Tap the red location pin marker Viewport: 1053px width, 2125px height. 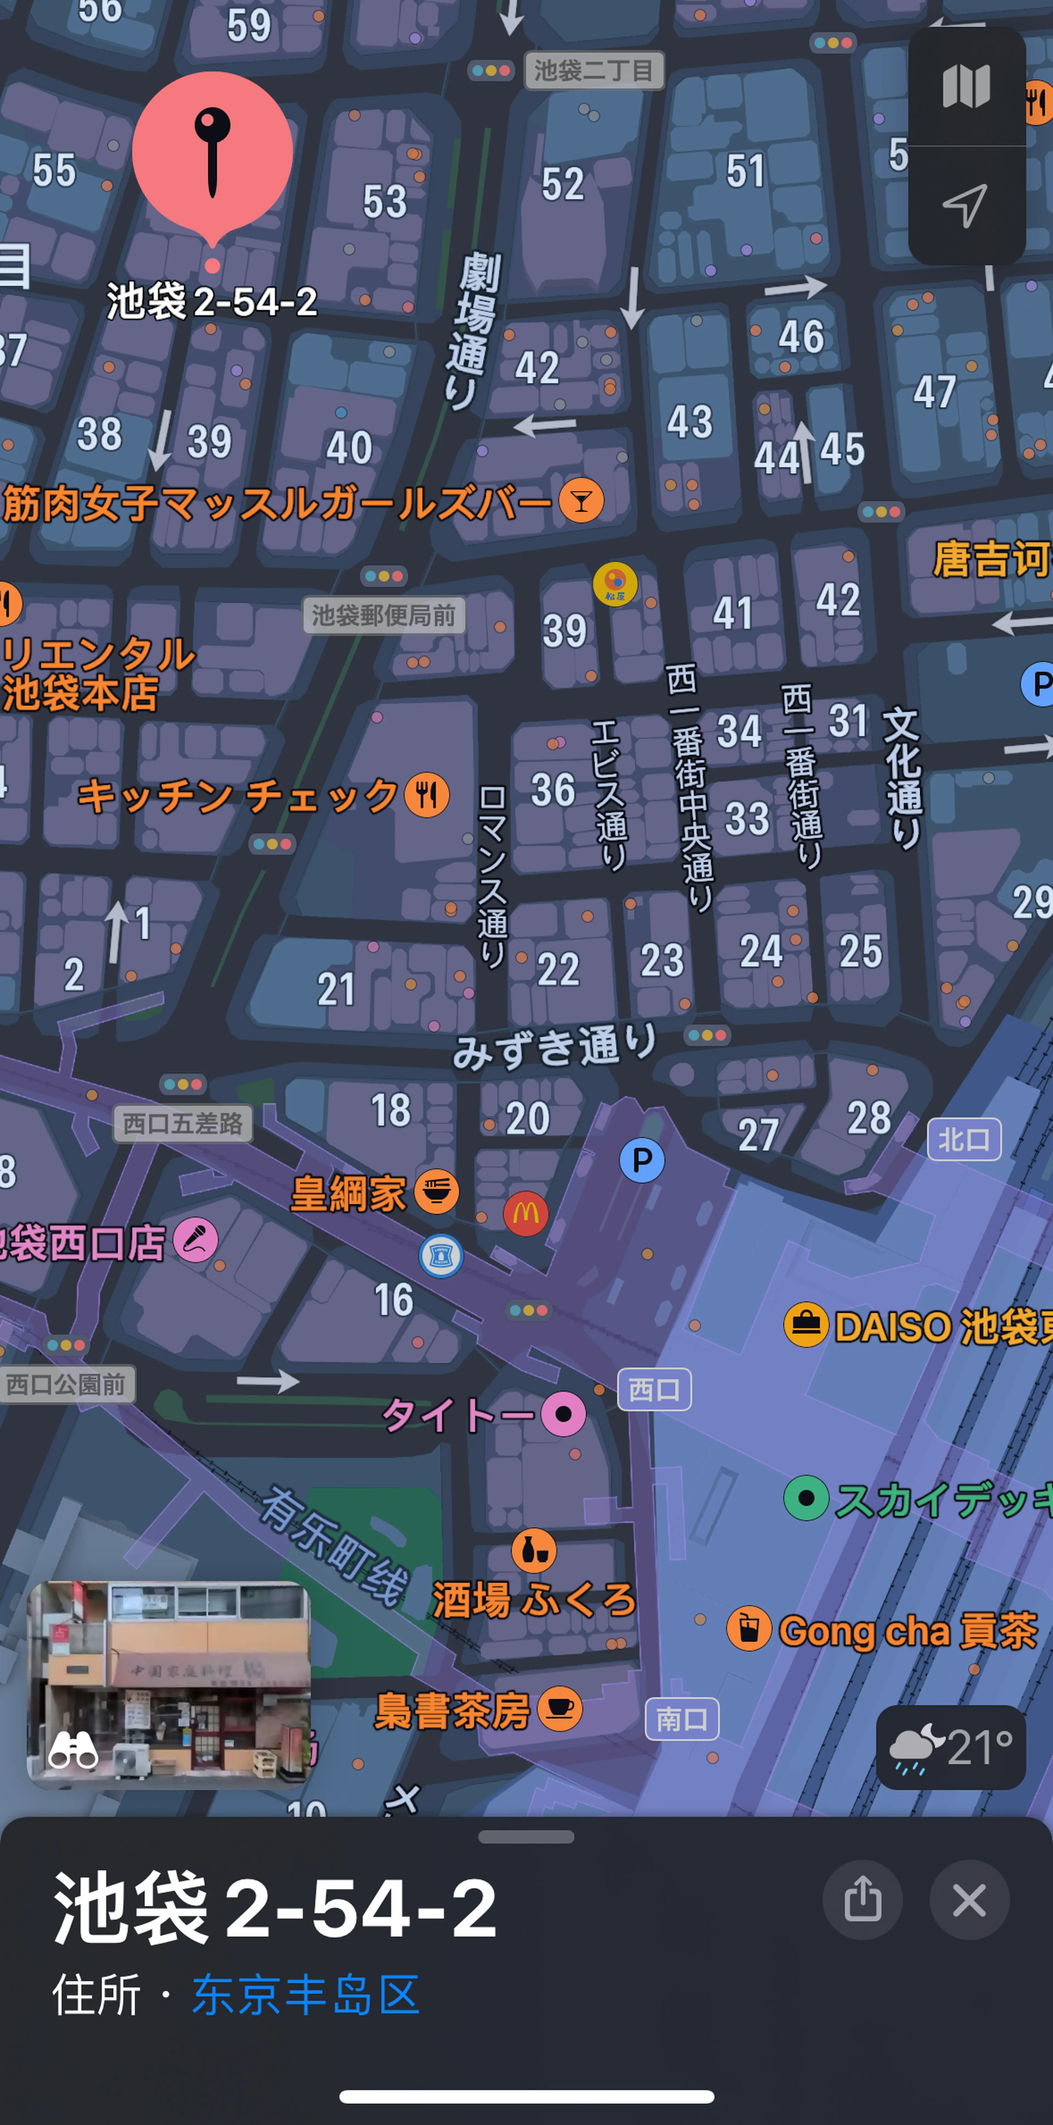tap(212, 152)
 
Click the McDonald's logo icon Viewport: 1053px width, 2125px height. tap(525, 1213)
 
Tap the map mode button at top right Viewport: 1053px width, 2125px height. tap(966, 87)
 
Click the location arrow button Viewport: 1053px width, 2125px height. tap(966, 205)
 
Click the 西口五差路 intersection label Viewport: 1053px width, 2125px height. tap(182, 1124)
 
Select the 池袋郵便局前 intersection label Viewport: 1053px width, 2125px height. tap(383, 615)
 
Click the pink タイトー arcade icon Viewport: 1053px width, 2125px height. tap(563, 1414)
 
